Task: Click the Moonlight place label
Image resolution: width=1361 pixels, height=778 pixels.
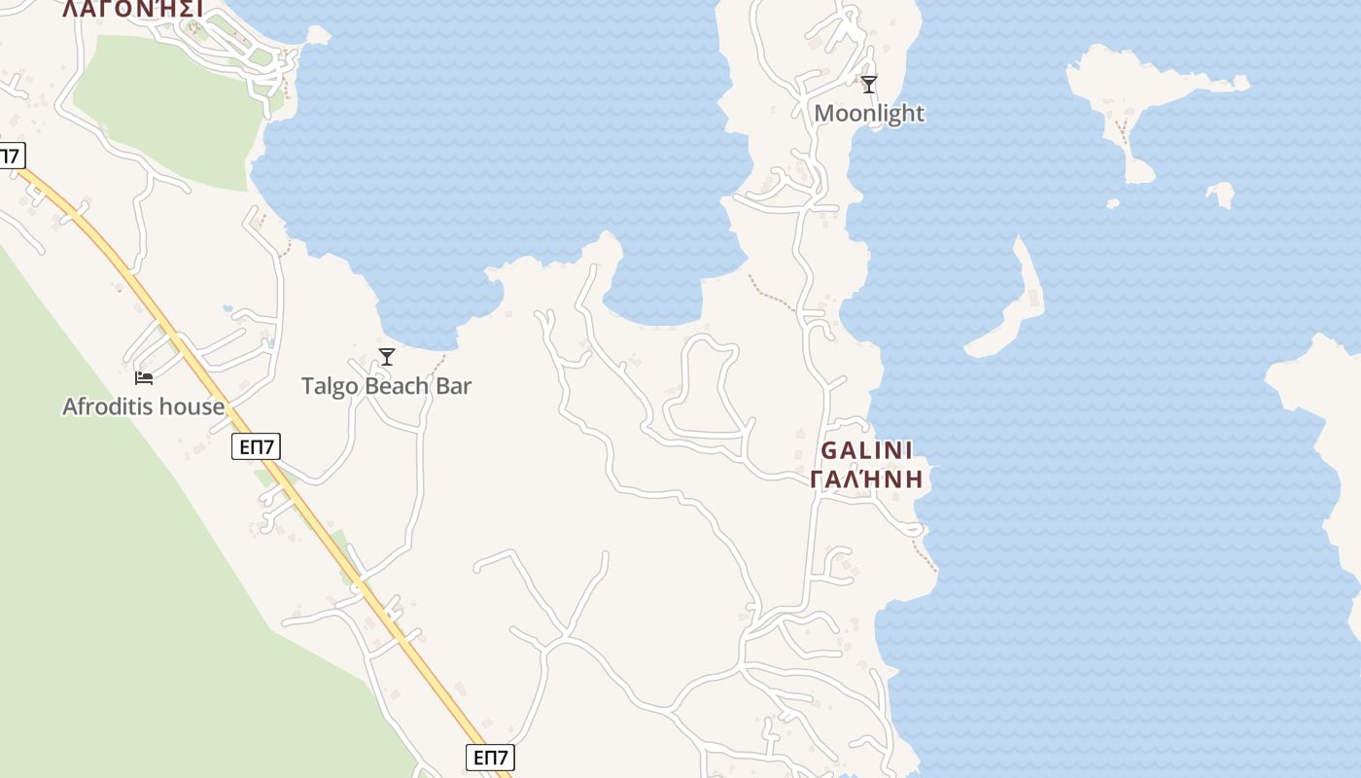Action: (868, 114)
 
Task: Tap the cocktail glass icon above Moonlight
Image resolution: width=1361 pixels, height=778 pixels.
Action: (869, 85)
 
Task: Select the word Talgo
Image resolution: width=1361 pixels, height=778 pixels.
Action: (329, 386)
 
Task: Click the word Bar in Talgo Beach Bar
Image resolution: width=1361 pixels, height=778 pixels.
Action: (454, 386)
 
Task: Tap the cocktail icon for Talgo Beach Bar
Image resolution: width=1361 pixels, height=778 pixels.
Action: (387, 357)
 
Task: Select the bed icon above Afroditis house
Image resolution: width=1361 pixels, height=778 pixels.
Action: (144, 377)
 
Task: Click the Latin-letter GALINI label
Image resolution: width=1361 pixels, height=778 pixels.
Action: (867, 451)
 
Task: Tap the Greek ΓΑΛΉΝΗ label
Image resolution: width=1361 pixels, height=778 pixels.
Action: (866, 479)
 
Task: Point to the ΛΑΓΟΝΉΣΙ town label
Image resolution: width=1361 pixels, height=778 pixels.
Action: (132, 10)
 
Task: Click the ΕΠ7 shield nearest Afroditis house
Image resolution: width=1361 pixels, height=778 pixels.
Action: (257, 447)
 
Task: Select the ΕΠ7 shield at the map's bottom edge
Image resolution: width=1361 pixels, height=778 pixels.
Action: (490, 758)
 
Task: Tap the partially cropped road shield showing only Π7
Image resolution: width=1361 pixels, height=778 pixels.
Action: (11, 155)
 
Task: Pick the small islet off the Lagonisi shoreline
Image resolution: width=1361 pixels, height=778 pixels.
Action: (318, 35)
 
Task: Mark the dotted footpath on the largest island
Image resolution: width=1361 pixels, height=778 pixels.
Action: (1125, 132)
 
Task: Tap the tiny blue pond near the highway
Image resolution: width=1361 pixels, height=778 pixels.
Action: (227, 308)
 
